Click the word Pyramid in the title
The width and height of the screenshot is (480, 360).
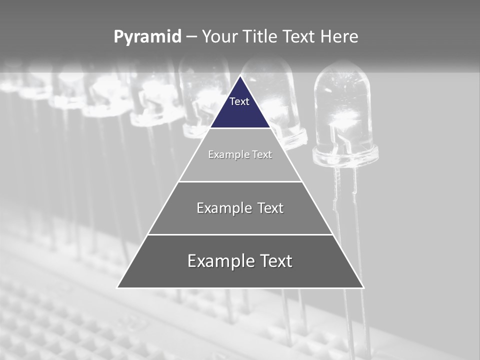147,37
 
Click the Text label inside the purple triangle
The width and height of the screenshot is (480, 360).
239,101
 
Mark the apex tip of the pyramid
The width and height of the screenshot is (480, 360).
240,76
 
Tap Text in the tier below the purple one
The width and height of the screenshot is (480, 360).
262,154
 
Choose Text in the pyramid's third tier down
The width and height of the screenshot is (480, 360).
270,208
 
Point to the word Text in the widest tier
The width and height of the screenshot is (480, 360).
276,261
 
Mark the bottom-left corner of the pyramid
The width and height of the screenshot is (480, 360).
117,287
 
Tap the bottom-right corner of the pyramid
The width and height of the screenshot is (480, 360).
363,287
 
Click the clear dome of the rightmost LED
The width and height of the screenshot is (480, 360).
343,100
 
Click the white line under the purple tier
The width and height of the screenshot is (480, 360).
240,128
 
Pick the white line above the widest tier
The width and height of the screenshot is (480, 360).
240,234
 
